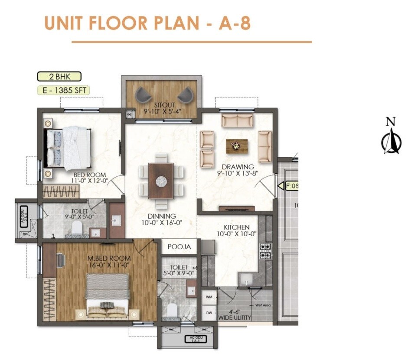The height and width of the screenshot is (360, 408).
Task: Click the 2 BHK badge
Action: (59, 77)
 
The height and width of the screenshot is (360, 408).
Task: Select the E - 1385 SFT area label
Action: (62, 91)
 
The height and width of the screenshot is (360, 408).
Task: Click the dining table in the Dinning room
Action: (161, 180)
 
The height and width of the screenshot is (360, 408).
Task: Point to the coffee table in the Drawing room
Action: (237, 146)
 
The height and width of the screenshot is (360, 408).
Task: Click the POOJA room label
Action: (179, 247)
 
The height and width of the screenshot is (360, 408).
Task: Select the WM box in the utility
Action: (209, 298)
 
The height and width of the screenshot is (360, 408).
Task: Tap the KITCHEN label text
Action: (236, 227)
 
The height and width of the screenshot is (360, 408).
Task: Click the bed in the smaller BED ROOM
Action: (69, 147)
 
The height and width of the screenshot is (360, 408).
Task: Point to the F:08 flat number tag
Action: (291, 186)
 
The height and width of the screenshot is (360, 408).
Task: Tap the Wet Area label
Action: (263, 305)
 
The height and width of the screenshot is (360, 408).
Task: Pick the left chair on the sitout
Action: (144, 95)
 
